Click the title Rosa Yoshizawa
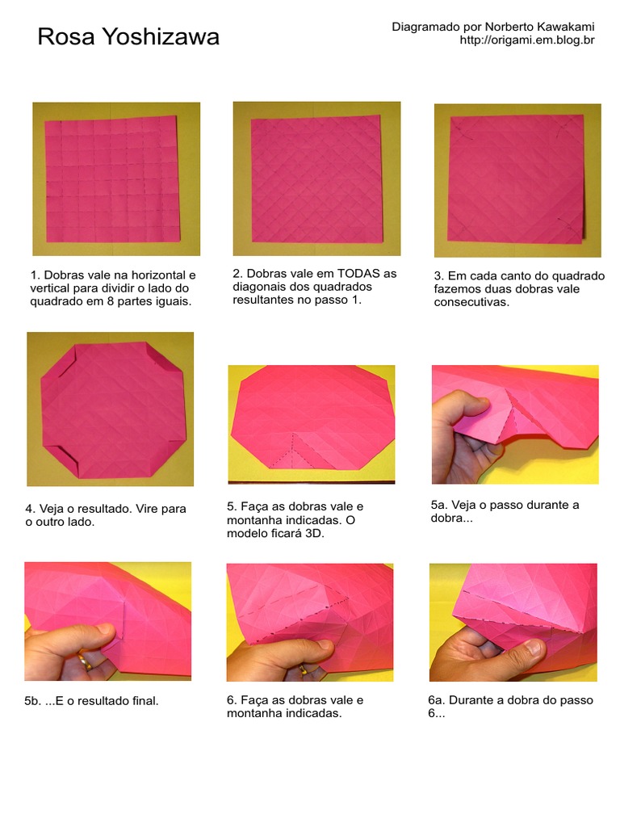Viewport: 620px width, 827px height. pyautogui.click(x=128, y=37)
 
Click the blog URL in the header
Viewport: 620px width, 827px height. pyautogui.click(x=526, y=40)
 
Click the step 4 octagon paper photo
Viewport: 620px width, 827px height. pyautogui.click(x=111, y=409)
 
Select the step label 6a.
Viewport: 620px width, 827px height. pyautogui.click(x=437, y=700)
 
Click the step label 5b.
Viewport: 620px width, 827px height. pyautogui.click(x=33, y=701)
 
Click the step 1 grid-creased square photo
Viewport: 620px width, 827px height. pyautogui.click(x=116, y=178)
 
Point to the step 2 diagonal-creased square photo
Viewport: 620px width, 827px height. pyautogui.click(x=316, y=178)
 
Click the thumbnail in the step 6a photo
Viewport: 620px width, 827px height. pyautogui.click(x=532, y=649)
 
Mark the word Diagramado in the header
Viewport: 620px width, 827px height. pyautogui.click(x=425, y=27)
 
